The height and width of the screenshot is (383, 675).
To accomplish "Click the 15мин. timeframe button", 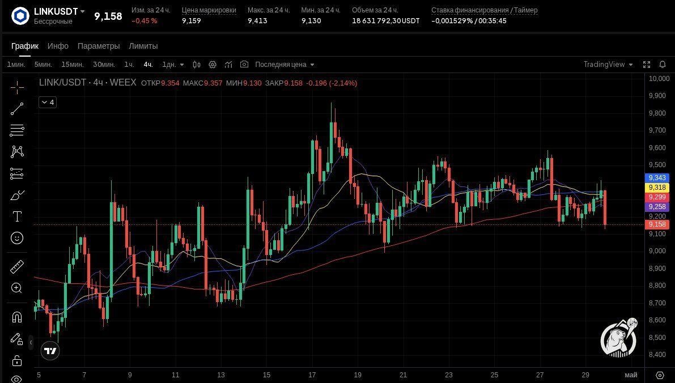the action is (73, 65).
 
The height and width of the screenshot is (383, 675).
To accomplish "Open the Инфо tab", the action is (58, 46).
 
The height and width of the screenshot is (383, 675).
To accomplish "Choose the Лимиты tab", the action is (143, 46).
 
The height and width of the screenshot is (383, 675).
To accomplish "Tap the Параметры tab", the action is (99, 46).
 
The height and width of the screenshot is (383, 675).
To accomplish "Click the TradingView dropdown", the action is (608, 65).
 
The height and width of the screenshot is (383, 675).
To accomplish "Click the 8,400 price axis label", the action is (657, 355).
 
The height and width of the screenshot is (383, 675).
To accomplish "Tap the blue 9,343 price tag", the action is (657, 178).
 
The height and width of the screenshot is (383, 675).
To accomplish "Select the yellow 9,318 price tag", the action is (657, 187).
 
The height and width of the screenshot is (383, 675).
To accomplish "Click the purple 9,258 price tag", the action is (657, 207).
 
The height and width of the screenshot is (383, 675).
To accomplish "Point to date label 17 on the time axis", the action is (312, 375).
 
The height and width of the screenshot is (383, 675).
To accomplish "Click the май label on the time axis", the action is (631, 375).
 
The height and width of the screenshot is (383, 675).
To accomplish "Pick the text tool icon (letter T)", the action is (17, 216).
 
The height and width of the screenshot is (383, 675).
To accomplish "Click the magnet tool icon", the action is (17, 318).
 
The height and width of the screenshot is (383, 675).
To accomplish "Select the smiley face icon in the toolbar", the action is (17, 238).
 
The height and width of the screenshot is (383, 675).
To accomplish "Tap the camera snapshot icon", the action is (244, 64).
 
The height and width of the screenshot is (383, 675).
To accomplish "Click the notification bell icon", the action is (663, 64).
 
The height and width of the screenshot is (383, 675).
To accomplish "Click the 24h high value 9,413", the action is (257, 20).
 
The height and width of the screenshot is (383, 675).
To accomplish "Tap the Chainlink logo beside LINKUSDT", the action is (20, 16).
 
